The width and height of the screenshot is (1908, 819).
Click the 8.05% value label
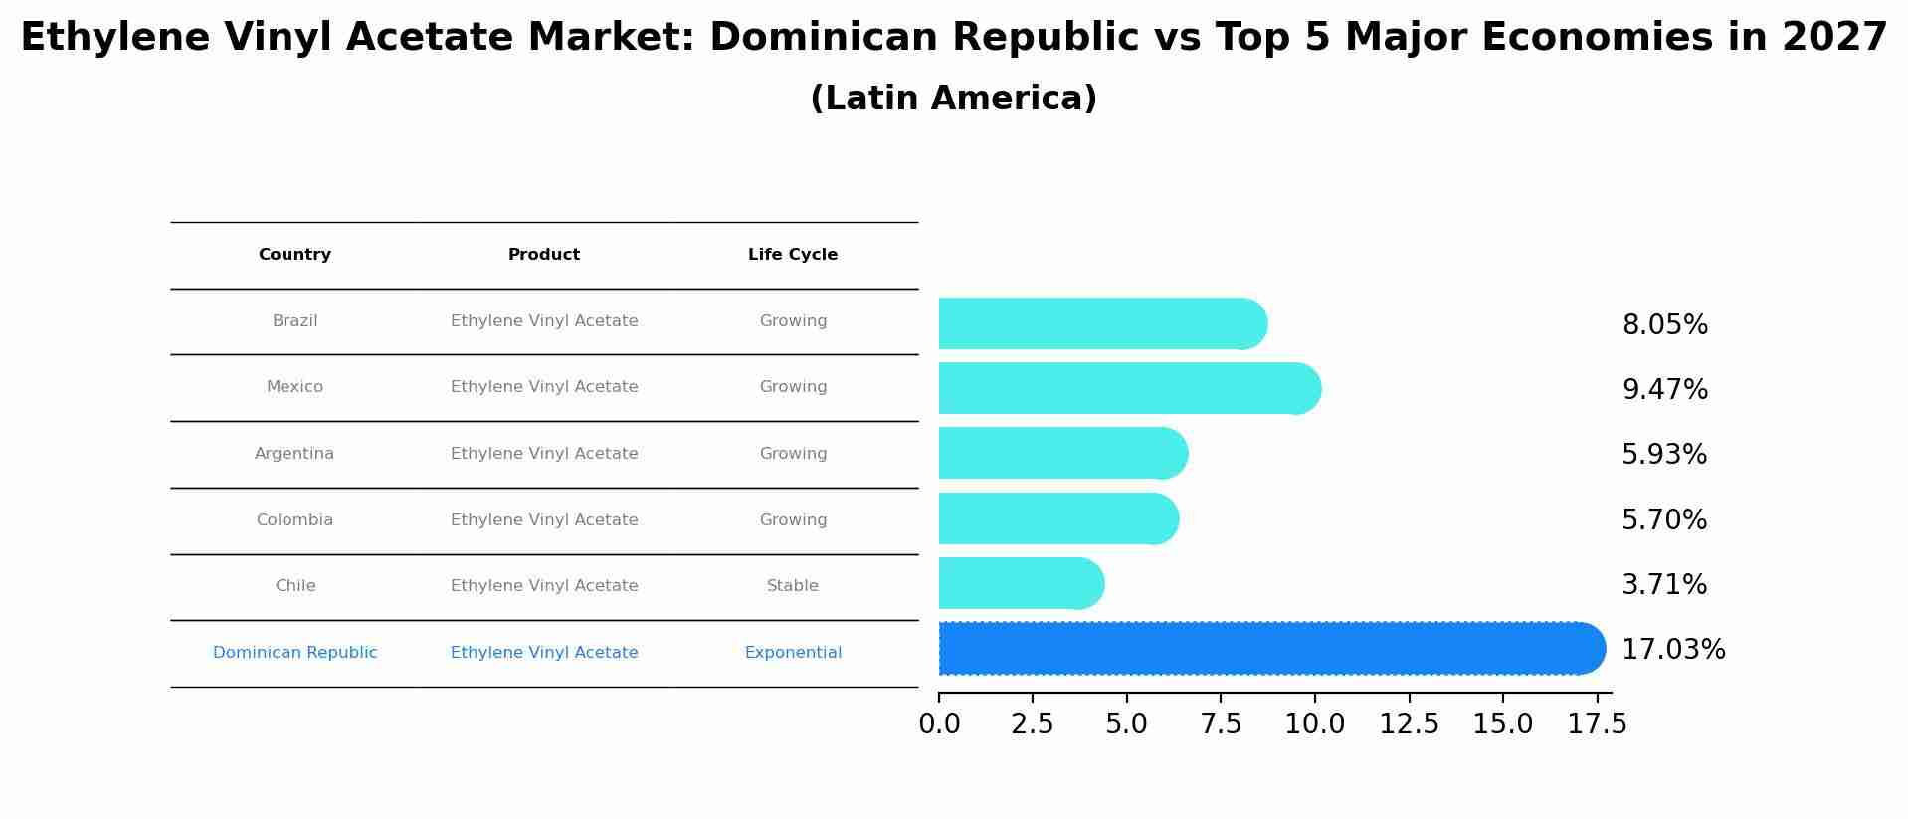pos(1664,325)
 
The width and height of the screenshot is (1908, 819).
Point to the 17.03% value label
pos(1673,650)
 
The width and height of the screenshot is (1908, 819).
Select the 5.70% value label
pos(1664,520)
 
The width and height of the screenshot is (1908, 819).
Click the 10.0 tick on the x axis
pos(1314,724)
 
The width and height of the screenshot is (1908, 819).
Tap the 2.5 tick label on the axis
pos(1033,724)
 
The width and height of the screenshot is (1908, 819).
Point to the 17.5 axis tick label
pos(1597,724)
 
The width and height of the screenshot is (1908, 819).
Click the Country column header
pos(294,255)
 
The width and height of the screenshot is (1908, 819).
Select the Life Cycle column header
pos(793,255)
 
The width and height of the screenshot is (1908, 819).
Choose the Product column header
pos(544,255)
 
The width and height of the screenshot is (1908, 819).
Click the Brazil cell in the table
pos(294,321)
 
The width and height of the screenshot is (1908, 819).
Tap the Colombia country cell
pos(294,520)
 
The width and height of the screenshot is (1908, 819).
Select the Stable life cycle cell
pos(793,586)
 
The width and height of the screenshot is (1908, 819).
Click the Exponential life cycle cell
pos(793,653)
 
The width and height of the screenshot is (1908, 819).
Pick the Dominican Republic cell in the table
pos(294,653)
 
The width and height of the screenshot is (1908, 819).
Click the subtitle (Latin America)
pos(953,99)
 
